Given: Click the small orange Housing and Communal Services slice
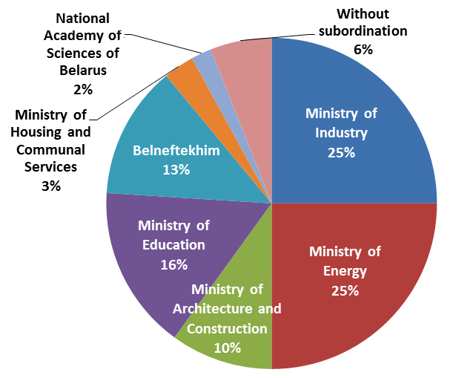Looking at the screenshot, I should (x=183, y=73).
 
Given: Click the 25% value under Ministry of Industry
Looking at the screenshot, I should (x=342, y=152).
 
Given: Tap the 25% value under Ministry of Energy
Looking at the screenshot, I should (x=344, y=290).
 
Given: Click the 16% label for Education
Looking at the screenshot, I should (x=173, y=264).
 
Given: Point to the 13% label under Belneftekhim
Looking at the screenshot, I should (x=176, y=169).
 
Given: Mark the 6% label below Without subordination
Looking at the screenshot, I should (x=363, y=49).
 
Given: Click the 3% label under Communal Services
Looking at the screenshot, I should (x=51, y=186).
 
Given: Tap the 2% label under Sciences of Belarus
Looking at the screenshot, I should (x=83, y=89).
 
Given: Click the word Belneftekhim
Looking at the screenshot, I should (x=176, y=151).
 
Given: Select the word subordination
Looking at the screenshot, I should (x=363, y=31).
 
